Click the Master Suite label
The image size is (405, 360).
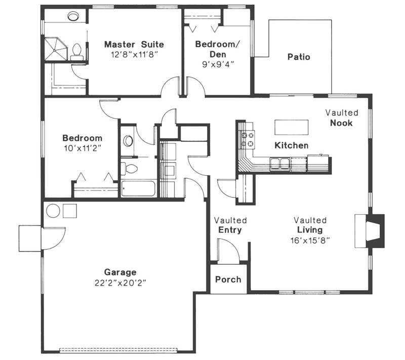tap(134, 44)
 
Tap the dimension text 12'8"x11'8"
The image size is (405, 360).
tap(134, 54)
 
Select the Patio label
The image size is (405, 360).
tap(299, 57)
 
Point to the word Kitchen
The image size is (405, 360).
tap(292, 146)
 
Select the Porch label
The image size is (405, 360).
tap(228, 279)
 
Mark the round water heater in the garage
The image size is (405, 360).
tap(53, 210)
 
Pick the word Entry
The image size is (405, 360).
tap(230, 230)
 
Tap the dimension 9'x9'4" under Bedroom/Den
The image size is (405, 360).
tap(218, 64)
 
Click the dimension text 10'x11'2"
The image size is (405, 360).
tap(82, 147)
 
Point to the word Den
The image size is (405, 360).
tap(218, 54)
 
